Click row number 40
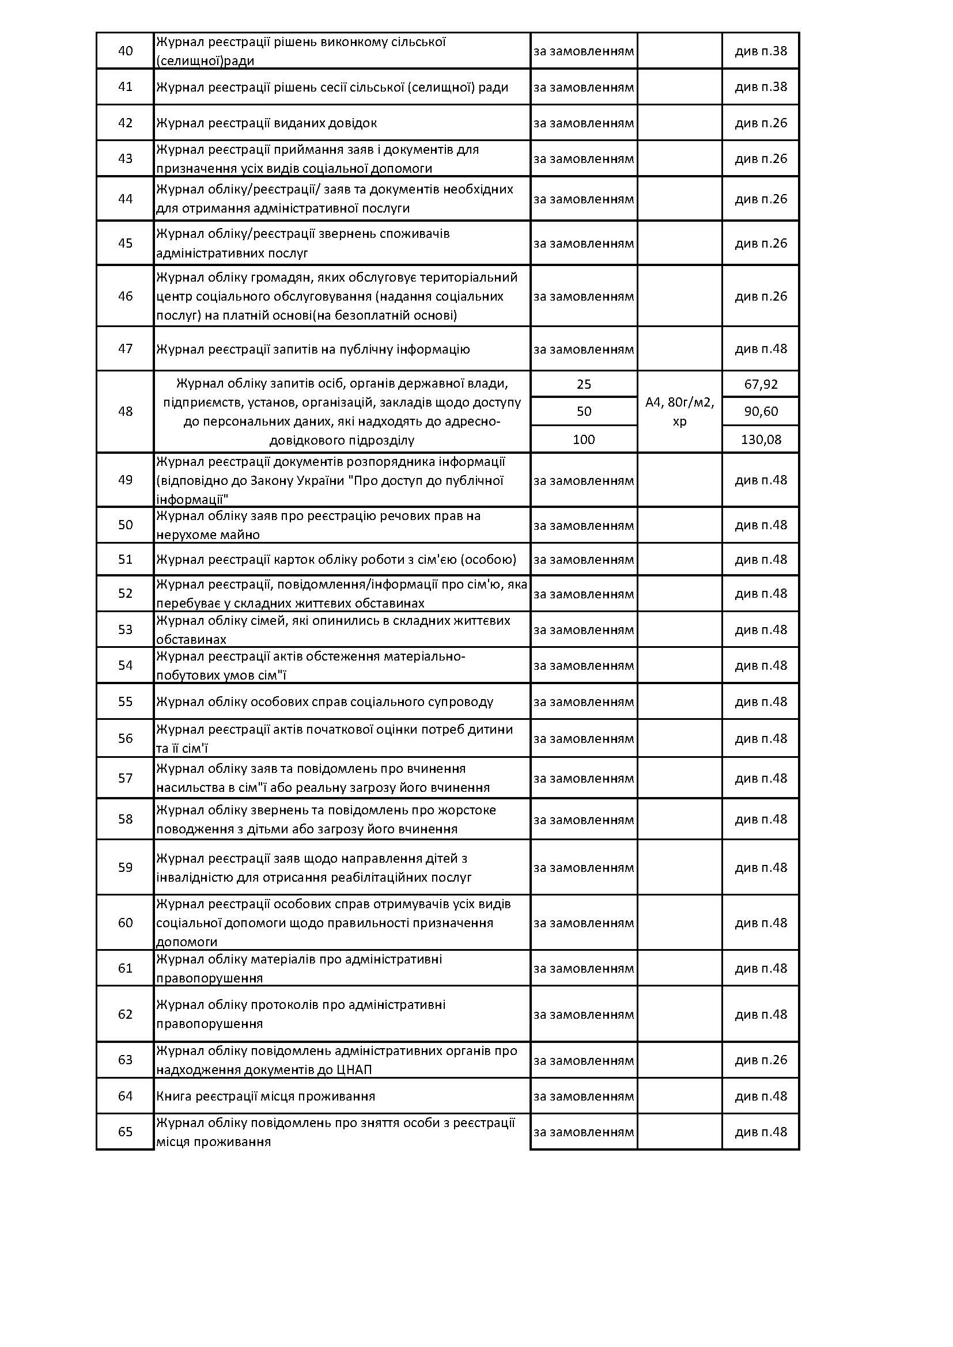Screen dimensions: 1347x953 pos(125,51)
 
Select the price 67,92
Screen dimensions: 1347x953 pos(761,384)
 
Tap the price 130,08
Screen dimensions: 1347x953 pos(761,439)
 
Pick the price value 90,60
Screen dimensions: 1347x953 pos(761,411)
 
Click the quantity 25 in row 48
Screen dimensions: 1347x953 pos(583,384)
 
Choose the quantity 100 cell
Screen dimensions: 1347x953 pos(583,439)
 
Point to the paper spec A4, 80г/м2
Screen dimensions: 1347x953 pos(679,403)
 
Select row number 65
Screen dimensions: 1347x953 pos(125,1132)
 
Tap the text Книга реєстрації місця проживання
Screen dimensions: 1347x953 pos(265,1096)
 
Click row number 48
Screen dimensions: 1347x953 pos(125,411)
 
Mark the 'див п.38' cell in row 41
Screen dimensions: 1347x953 pos(761,87)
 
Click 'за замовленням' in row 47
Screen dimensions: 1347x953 pos(583,349)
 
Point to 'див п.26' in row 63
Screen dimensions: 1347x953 pos(761,1060)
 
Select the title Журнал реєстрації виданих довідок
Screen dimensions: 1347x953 pos(266,123)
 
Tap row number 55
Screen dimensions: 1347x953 pos(125,701)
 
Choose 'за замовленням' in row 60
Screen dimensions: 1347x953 pos(583,922)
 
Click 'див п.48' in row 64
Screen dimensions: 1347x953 pos(761,1096)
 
